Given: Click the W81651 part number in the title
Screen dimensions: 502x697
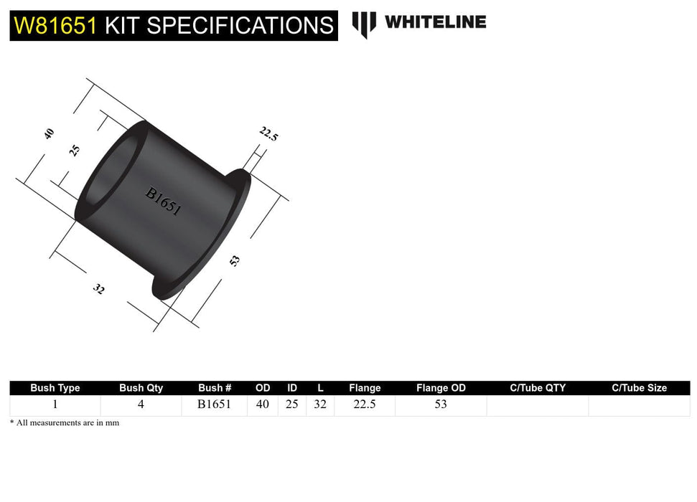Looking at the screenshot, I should pyautogui.click(x=55, y=26).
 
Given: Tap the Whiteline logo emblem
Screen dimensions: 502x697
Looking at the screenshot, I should pyautogui.click(x=364, y=24).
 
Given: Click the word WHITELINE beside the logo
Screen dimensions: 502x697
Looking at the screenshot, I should pyautogui.click(x=435, y=22).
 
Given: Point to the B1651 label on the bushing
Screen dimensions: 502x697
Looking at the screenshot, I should pyautogui.click(x=163, y=202).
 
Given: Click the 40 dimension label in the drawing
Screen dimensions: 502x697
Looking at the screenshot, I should pyautogui.click(x=49, y=133).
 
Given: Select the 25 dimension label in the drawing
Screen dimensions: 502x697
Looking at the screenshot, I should pyautogui.click(x=75, y=151).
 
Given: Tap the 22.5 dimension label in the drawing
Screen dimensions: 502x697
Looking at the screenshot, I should pyautogui.click(x=268, y=133).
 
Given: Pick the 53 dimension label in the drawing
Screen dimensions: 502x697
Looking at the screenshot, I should pyautogui.click(x=234, y=261).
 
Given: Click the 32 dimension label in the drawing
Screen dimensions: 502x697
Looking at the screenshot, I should pyautogui.click(x=99, y=290).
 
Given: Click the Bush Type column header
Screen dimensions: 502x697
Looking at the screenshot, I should pyautogui.click(x=55, y=388).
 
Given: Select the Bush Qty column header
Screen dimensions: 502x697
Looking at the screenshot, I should pyautogui.click(x=141, y=388).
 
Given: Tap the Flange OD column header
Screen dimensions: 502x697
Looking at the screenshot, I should pyautogui.click(x=441, y=388).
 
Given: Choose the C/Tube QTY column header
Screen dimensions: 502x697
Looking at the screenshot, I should pyautogui.click(x=538, y=388).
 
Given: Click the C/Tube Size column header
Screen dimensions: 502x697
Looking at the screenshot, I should pyautogui.click(x=639, y=388).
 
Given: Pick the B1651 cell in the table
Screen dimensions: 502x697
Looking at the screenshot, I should pyautogui.click(x=215, y=404).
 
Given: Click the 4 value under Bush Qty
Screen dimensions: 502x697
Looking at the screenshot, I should pyautogui.click(x=141, y=404).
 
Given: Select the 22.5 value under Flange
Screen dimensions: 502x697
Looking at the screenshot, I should pyautogui.click(x=365, y=404).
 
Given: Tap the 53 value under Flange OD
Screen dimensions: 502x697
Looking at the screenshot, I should pyautogui.click(x=441, y=404).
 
